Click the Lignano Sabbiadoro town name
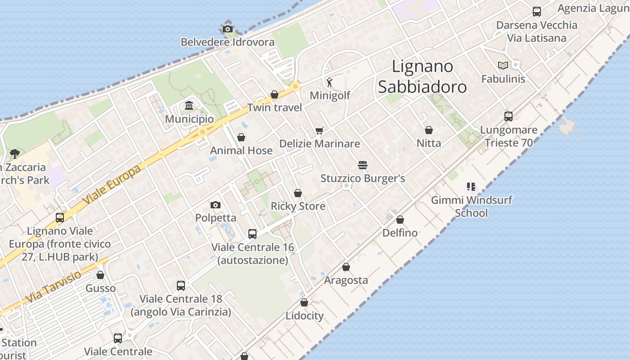pyautogui.click(x=422, y=76)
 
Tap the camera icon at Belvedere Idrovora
pyautogui.click(x=228, y=29)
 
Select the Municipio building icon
pyautogui.click(x=189, y=106)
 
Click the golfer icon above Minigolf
pyautogui.click(x=329, y=82)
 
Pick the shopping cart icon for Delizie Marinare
pyautogui.click(x=319, y=130)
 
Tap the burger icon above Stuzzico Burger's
pyautogui.click(x=363, y=165)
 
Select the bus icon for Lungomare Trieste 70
pyautogui.click(x=508, y=117)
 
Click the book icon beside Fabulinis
pyautogui.click(x=503, y=66)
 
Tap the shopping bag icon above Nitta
pyautogui.click(x=429, y=130)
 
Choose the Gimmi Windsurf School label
pyautogui.click(x=471, y=206)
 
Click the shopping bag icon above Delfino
pyautogui.click(x=400, y=220)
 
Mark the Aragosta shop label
pyautogui.click(x=346, y=280)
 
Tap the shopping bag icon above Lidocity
pyautogui.click(x=304, y=302)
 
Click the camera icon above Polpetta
pyautogui.click(x=216, y=205)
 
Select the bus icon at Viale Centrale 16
pyautogui.click(x=252, y=234)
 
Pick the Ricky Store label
pyautogui.click(x=297, y=206)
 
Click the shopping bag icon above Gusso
pyautogui.click(x=100, y=275)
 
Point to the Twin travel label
pyautogui.click(x=274, y=108)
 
